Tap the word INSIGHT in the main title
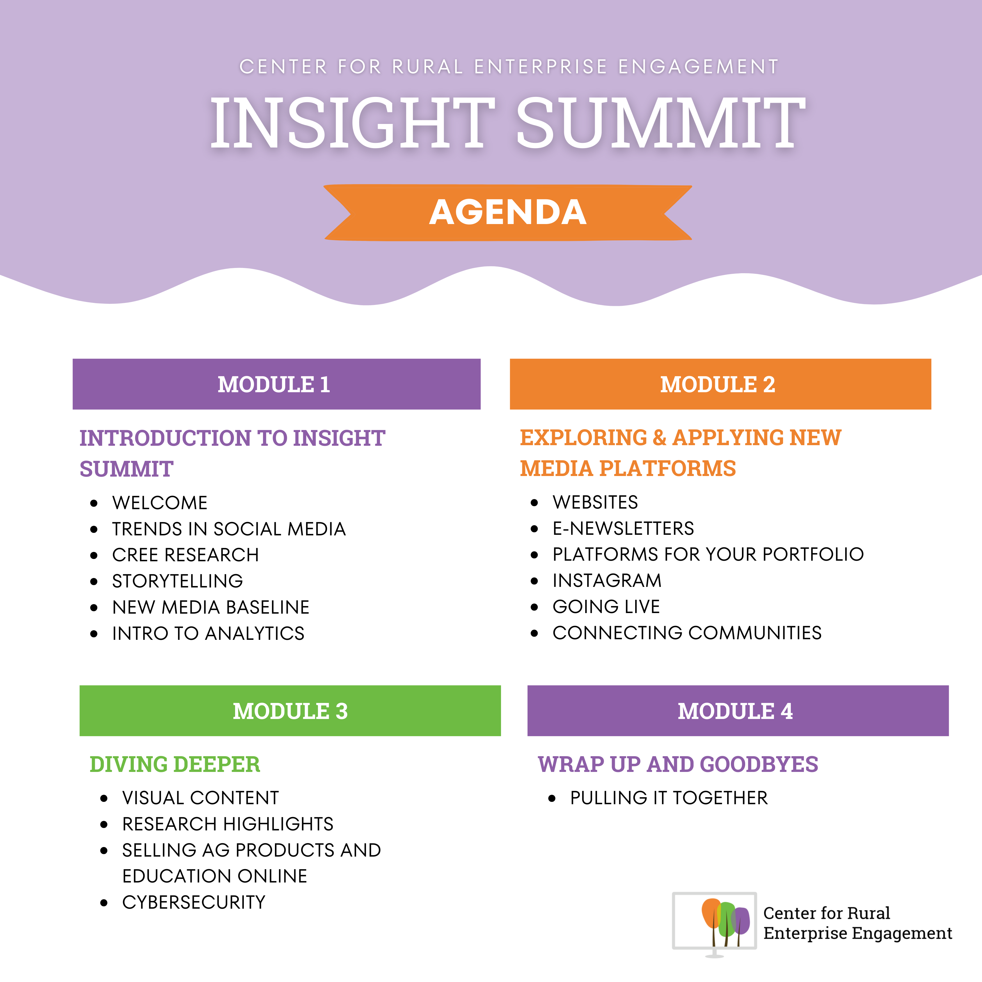pyautogui.click(x=352, y=123)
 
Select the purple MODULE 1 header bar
pyautogui.click(x=276, y=384)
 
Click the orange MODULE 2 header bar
pyautogui.click(x=720, y=384)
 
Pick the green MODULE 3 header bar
pyautogui.click(x=290, y=711)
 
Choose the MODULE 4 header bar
pyautogui.click(x=738, y=711)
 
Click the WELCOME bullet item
pyautogui.click(x=160, y=503)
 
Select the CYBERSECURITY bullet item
pyautogui.click(x=194, y=902)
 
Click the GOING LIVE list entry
pyautogui.click(x=606, y=606)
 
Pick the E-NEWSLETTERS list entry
pyautogui.click(x=623, y=528)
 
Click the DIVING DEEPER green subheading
pyautogui.click(x=175, y=764)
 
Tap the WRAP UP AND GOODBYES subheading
pyautogui.click(x=678, y=764)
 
